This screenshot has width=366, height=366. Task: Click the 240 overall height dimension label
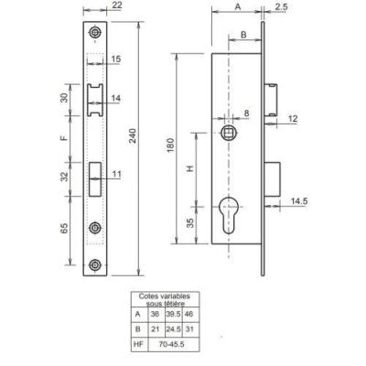tap(133, 136)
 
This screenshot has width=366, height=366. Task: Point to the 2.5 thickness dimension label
tap(281, 7)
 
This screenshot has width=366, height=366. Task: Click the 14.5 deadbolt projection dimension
tap(299, 201)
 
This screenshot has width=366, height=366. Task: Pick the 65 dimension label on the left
tap(64, 229)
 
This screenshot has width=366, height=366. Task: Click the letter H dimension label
tap(190, 168)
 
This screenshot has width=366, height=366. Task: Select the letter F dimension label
tap(64, 138)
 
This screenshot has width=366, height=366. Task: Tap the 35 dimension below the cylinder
tap(190, 223)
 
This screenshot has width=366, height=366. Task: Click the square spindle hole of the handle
tap(228, 133)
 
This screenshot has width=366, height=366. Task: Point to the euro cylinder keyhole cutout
tap(228, 215)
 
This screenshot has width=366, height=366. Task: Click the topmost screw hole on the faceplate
tap(95, 32)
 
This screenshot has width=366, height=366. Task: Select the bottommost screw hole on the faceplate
tap(95, 264)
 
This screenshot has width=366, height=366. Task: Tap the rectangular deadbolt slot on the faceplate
tap(95, 179)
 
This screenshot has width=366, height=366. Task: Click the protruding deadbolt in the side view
tap(272, 179)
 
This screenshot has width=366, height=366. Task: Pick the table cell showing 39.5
tap(173, 314)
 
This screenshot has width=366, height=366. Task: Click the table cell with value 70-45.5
tap(173, 344)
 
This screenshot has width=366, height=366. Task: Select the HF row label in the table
tap(139, 344)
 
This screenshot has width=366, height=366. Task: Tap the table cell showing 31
tap(189, 329)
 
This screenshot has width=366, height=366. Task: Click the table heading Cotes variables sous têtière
tap(165, 299)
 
